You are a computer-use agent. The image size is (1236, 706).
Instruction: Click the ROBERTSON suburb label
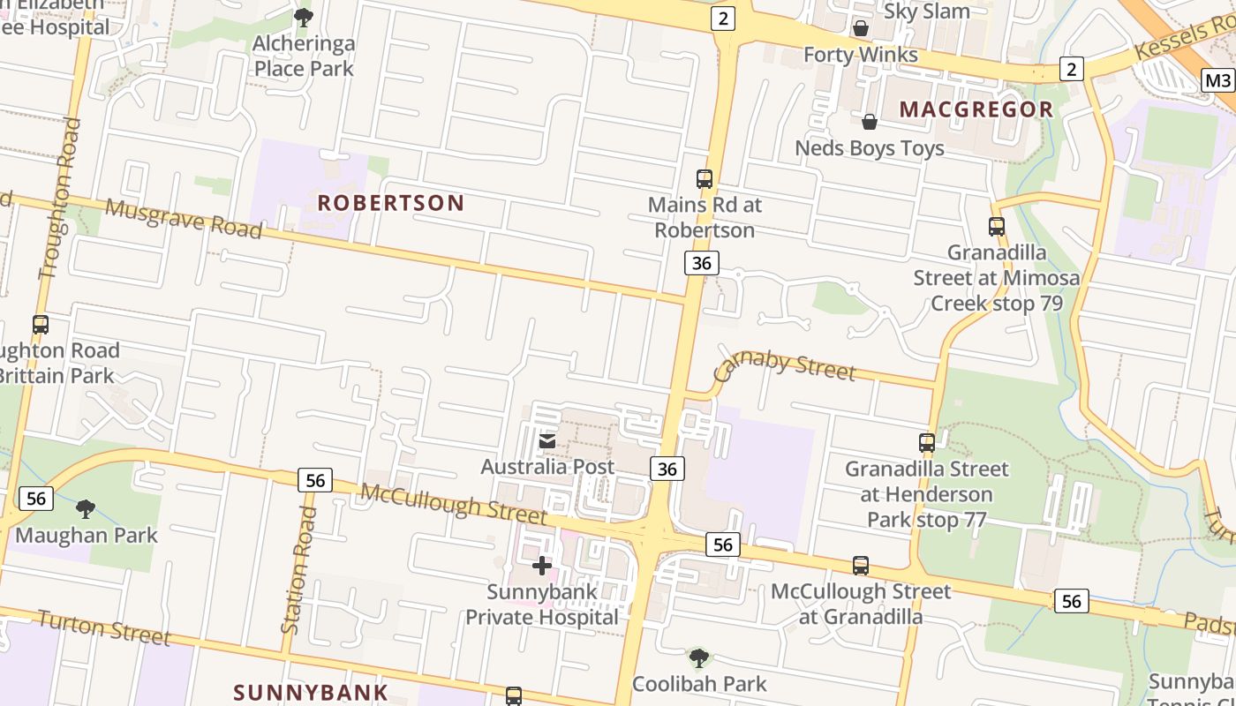[x=390, y=203]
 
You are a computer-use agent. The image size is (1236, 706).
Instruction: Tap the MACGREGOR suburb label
[x=976, y=109]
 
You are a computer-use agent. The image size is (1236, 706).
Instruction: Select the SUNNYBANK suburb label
[x=310, y=692]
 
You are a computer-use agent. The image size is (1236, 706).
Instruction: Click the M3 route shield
[x=1217, y=81]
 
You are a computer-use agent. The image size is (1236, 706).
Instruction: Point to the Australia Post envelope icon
[x=547, y=440]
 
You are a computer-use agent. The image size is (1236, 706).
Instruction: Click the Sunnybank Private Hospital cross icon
[x=542, y=565]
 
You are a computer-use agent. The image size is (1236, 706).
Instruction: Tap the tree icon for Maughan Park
[x=86, y=508]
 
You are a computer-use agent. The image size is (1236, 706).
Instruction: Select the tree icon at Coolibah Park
[x=698, y=657]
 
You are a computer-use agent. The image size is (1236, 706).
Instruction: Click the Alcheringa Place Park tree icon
[x=303, y=17]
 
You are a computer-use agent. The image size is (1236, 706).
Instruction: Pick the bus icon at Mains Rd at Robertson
[x=704, y=179]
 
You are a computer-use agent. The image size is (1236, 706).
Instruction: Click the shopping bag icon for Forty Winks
[x=860, y=28]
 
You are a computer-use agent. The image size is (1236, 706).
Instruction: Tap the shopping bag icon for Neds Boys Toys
[x=870, y=122]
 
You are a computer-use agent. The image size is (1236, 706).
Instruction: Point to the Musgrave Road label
[x=184, y=218]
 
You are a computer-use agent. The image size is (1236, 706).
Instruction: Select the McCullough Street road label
[x=454, y=503]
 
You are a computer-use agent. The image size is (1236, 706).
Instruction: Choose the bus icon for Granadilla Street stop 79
[x=996, y=227]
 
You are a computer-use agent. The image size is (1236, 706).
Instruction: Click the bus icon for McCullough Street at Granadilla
[x=860, y=566]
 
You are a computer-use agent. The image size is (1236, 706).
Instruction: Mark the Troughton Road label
[x=61, y=199]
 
